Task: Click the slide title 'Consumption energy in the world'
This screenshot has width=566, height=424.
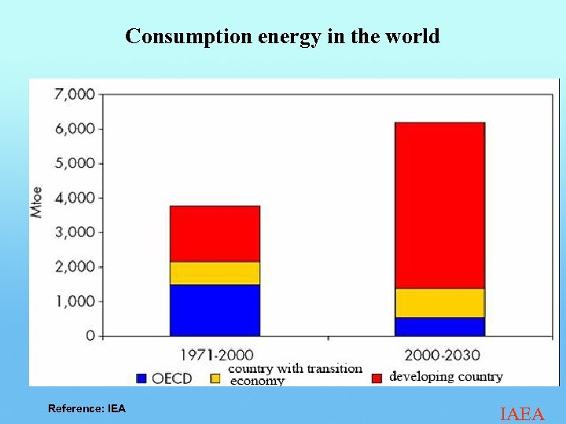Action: pyautogui.click(x=282, y=36)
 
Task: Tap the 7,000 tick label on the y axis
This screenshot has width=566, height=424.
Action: pyautogui.click(x=74, y=94)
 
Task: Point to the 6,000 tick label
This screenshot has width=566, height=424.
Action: pyautogui.click(x=74, y=129)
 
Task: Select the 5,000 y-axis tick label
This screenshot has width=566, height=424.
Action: pyautogui.click(x=74, y=163)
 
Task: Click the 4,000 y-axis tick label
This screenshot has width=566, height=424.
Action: pyautogui.click(x=74, y=198)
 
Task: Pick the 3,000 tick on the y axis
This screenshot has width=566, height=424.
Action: pyautogui.click(x=74, y=232)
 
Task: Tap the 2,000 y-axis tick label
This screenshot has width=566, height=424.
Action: pyautogui.click(x=74, y=267)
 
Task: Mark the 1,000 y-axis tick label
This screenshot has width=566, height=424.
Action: pyautogui.click(x=74, y=302)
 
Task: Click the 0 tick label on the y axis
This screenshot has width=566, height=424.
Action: pyautogui.click(x=90, y=336)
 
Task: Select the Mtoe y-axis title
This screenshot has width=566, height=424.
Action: pyautogui.click(x=37, y=203)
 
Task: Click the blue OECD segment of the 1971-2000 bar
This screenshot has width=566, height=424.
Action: pyautogui.click(x=215, y=310)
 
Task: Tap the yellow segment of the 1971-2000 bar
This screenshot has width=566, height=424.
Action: pyautogui.click(x=215, y=273)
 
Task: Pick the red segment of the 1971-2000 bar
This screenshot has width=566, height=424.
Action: pyautogui.click(x=215, y=234)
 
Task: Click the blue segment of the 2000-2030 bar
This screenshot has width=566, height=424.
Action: pyautogui.click(x=439, y=327)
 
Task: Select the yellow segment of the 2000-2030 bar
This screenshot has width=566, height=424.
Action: pyautogui.click(x=439, y=303)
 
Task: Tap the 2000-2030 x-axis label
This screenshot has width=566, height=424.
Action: pyautogui.click(x=440, y=355)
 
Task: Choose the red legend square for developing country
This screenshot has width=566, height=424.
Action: pyautogui.click(x=377, y=378)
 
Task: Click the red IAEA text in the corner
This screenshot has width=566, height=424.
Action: pyautogui.click(x=522, y=414)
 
